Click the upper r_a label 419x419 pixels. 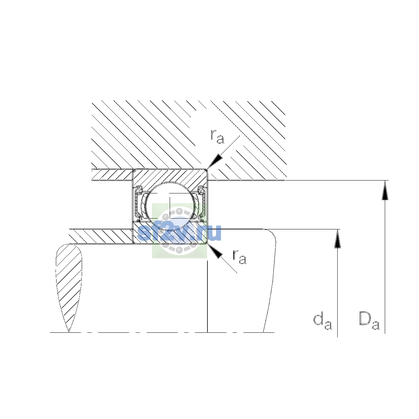coord(217,137)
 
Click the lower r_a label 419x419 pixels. coord(240,257)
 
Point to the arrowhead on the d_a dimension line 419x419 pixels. coord(337,239)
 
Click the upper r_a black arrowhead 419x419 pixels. coord(215,162)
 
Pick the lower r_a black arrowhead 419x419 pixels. coord(215,251)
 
